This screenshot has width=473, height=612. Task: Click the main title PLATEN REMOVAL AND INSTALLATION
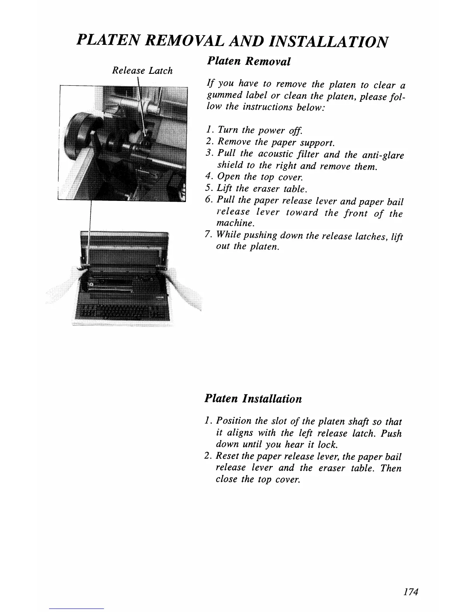(232, 40)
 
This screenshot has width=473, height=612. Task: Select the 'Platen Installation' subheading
(253, 398)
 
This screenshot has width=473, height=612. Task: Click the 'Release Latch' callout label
(142, 71)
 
